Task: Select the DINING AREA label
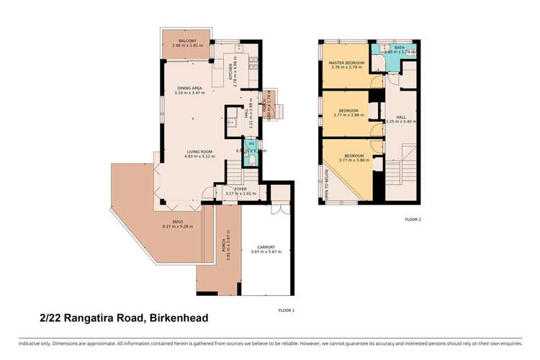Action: click(x=190, y=89)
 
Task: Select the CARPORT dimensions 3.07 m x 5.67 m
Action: click(x=266, y=252)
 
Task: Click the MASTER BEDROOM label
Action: click(x=347, y=63)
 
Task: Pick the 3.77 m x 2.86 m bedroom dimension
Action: click(x=349, y=115)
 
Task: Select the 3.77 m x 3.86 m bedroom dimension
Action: click(x=354, y=160)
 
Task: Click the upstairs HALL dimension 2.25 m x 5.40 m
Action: click(x=401, y=122)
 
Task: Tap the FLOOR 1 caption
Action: click(x=286, y=310)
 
